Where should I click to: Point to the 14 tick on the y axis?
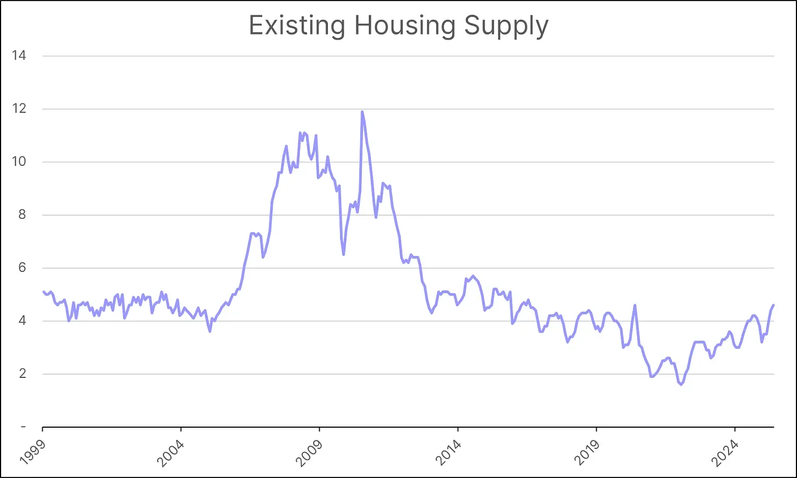19,56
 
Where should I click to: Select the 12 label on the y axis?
19,109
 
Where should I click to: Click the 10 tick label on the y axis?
19,162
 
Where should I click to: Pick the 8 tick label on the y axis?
22,215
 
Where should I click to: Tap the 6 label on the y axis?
22,268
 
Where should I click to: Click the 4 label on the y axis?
22,321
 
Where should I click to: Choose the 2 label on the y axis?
22,374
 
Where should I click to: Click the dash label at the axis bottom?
23,427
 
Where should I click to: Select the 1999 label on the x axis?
33,451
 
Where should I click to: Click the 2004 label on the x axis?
171,451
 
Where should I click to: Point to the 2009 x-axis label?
310,451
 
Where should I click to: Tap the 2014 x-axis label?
449,451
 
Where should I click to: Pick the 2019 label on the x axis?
587,451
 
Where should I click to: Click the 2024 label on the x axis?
726,451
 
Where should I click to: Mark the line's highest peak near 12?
362,112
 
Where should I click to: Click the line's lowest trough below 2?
681,385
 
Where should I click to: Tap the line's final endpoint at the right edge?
773,305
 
